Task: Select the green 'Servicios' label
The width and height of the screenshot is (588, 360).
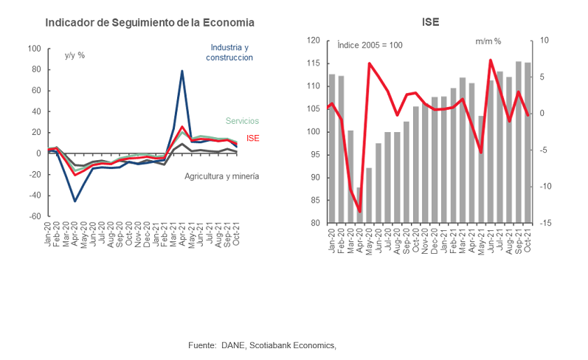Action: [x=242, y=121]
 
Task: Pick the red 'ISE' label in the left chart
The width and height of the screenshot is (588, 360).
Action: [x=252, y=138]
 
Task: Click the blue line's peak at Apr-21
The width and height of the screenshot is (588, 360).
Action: [x=182, y=71]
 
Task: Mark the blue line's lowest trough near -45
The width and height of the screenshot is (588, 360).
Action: [x=75, y=201]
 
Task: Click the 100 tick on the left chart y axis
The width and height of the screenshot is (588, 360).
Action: [x=34, y=49]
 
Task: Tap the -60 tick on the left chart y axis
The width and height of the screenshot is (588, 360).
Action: [x=34, y=217]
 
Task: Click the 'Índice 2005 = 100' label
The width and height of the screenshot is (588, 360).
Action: [x=370, y=45]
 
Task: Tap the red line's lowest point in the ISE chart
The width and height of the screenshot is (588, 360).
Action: [x=359, y=212]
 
